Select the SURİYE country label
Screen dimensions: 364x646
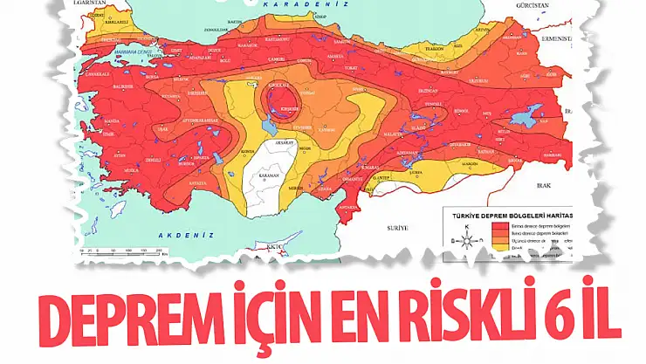coord(396,227)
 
